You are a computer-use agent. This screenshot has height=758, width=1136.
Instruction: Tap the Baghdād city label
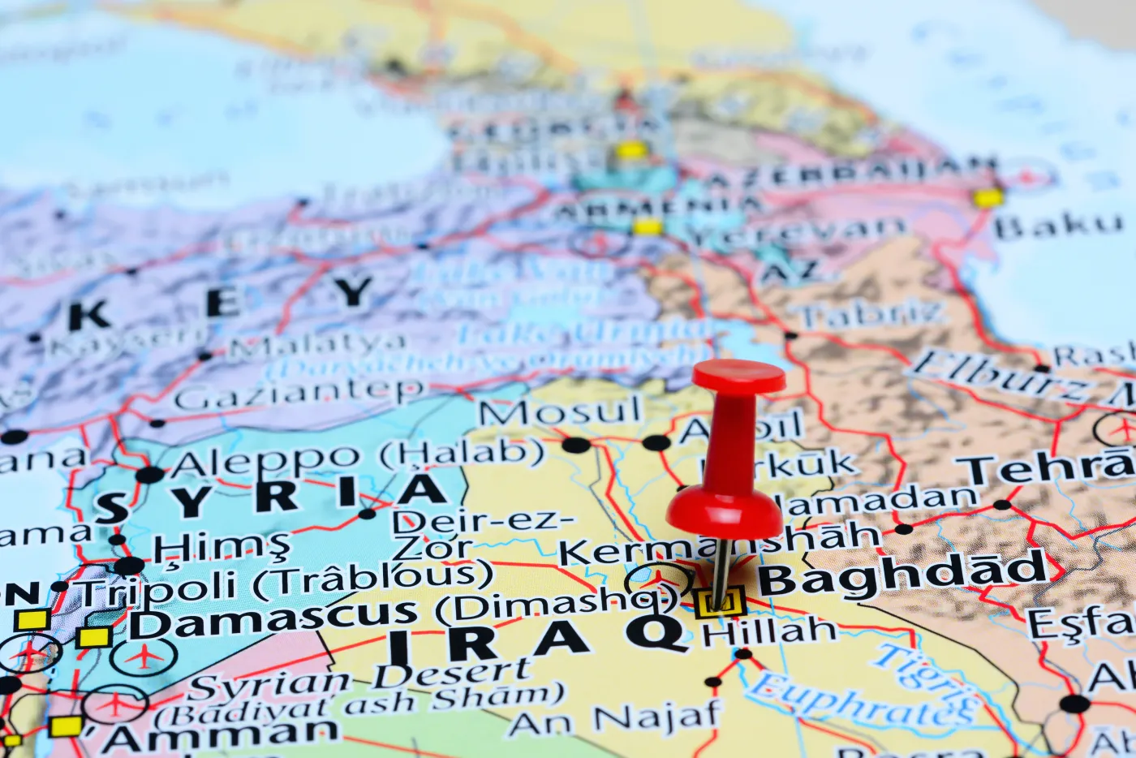[x=902, y=575]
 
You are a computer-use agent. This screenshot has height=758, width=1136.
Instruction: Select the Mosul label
[x=559, y=412]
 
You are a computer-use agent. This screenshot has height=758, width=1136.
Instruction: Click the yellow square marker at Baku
[x=988, y=197]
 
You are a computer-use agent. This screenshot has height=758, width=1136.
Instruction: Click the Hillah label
[x=769, y=631]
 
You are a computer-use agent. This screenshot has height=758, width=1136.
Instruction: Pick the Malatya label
[x=316, y=347]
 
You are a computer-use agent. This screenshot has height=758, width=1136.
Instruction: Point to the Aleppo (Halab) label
[x=357, y=457]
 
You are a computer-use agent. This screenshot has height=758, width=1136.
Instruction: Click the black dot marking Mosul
[x=576, y=445]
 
